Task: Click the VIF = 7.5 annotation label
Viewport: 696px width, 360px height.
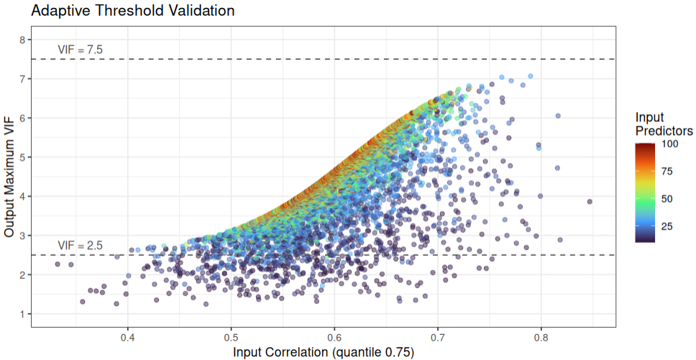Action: click(x=81, y=50)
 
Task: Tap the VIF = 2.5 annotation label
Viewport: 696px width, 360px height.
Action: click(x=81, y=246)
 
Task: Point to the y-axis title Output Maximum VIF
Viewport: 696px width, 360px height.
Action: click(x=9, y=177)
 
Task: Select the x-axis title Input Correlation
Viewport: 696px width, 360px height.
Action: click(x=324, y=352)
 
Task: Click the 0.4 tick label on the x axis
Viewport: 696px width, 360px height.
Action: click(x=128, y=336)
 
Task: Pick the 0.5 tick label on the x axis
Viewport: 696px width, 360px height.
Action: click(x=231, y=336)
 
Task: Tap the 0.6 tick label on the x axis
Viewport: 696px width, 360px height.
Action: click(x=334, y=336)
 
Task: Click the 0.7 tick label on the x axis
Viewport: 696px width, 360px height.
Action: click(x=437, y=336)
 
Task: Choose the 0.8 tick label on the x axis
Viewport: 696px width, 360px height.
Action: click(x=541, y=336)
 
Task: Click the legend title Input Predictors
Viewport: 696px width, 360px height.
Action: click(x=664, y=124)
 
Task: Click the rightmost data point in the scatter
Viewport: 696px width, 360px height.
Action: click(x=590, y=202)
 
